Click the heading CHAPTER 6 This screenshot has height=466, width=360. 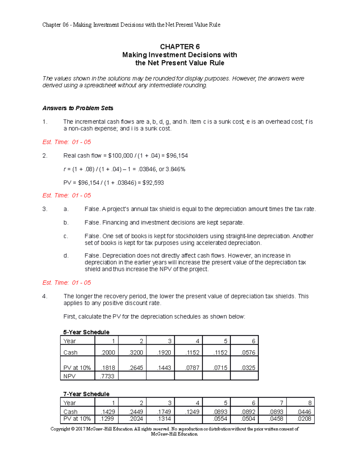(x=180, y=47)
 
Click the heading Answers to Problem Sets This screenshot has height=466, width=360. (x=78, y=108)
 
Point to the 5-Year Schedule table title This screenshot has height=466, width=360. (x=86, y=332)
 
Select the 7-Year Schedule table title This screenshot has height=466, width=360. (x=86, y=394)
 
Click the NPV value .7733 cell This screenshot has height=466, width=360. (x=107, y=376)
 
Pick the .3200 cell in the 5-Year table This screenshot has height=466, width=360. (x=136, y=353)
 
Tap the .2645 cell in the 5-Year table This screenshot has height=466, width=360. (x=136, y=368)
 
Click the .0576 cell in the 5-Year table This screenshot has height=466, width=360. (x=248, y=353)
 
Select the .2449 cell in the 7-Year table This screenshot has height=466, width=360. (x=136, y=412)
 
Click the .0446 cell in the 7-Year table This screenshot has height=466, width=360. (x=304, y=412)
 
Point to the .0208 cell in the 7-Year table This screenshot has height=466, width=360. (x=304, y=419)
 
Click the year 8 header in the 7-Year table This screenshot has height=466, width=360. (x=310, y=403)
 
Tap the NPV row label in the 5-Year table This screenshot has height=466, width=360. (x=70, y=376)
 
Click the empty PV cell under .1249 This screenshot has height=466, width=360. (x=188, y=419)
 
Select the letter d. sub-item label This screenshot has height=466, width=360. (x=66, y=256)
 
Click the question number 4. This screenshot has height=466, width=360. (x=45, y=296)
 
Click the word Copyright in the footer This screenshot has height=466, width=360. (x=60, y=429)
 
